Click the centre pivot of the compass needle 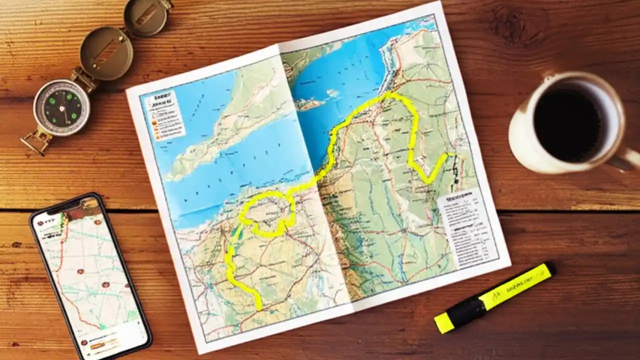tap(62, 107)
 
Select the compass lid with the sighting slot tap(107, 52)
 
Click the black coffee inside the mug tap(567, 118)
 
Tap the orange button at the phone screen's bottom tap(102, 345)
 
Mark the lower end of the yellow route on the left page tap(258, 306)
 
